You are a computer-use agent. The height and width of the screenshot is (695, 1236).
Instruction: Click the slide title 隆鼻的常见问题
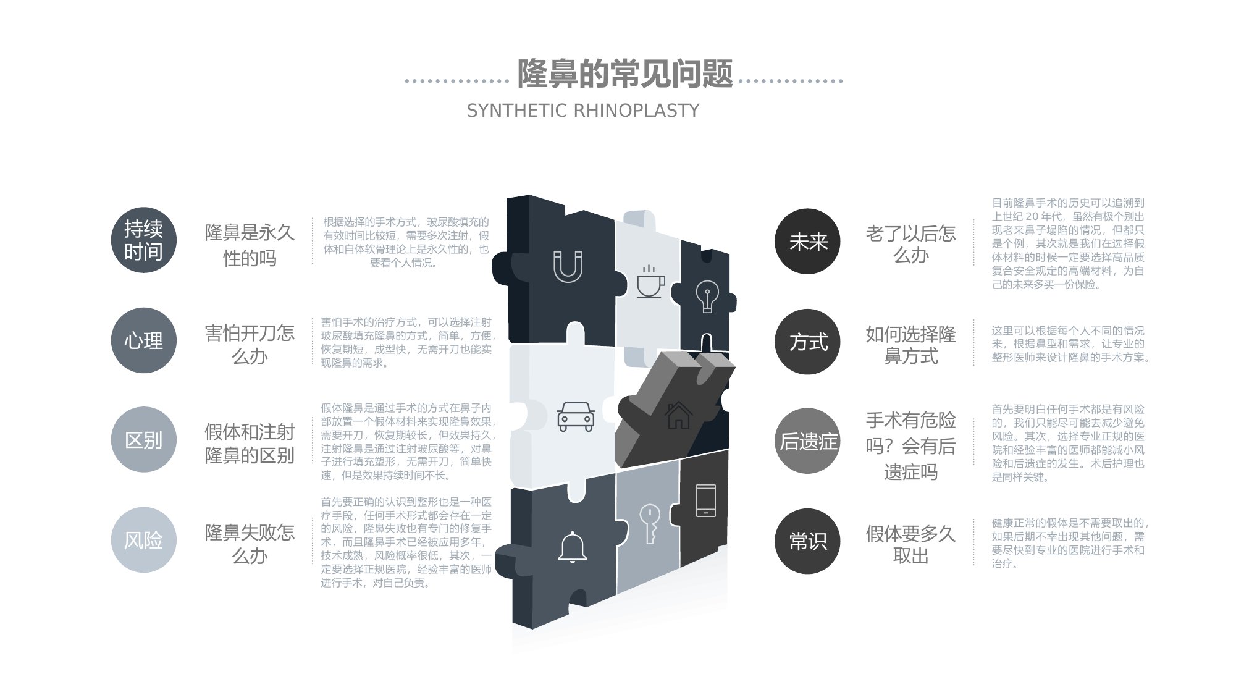pyautogui.click(x=624, y=74)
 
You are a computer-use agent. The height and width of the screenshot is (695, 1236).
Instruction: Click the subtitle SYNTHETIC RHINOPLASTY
pyautogui.click(x=583, y=111)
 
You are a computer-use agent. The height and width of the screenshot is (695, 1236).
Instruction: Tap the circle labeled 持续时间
pyautogui.click(x=144, y=240)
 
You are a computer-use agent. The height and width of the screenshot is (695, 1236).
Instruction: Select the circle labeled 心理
pyautogui.click(x=144, y=340)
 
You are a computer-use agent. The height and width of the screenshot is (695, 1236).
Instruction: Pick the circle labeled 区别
pyautogui.click(x=144, y=440)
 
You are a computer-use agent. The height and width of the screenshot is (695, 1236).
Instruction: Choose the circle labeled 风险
pyautogui.click(x=144, y=540)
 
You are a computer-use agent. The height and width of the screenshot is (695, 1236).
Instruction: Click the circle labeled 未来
pyautogui.click(x=807, y=242)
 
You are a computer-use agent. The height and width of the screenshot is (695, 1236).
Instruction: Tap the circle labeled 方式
pyautogui.click(x=807, y=342)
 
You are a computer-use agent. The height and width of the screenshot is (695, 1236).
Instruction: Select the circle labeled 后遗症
pyautogui.click(x=807, y=441)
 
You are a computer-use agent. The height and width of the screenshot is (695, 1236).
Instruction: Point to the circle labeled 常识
pyautogui.click(x=807, y=541)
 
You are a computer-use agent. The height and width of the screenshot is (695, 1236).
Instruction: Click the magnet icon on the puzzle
pyautogui.click(x=568, y=266)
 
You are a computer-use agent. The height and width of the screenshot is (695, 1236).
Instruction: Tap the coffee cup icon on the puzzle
pyautogui.click(x=650, y=282)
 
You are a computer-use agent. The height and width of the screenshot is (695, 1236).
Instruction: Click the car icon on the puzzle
pyautogui.click(x=576, y=416)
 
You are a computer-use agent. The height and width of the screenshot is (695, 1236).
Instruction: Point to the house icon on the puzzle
pyautogui.click(x=679, y=415)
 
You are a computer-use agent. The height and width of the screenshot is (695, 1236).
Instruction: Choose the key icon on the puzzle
pyautogui.click(x=650, y=524)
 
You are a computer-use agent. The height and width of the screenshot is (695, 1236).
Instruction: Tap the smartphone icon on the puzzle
pyautogui.click(x=705, y=500)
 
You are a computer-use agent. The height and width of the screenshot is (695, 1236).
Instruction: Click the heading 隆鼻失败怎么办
pyautogui.click(x=250, y=544)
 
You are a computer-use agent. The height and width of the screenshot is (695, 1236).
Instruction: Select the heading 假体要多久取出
pyautogui.click(x=911, y=544)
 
